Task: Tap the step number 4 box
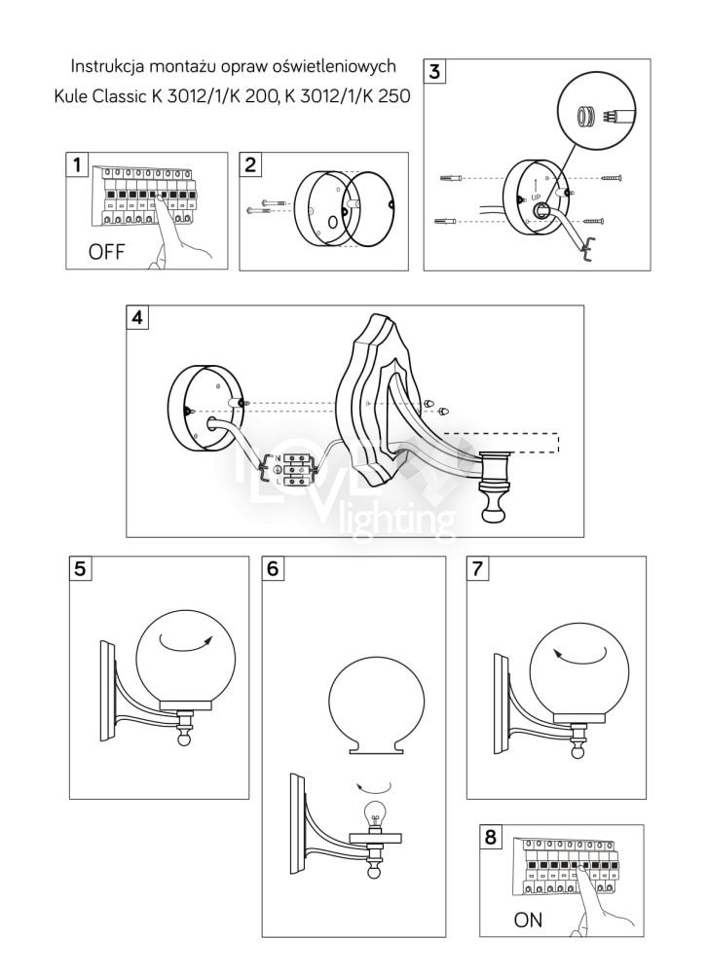pyautogui.click(x=139, y=318)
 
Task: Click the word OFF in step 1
pyautogui.click(x=107, y=253)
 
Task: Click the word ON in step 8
pyautogui.click(x=528, y=920)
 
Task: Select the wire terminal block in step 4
pyautogui.click(x=298, y=468)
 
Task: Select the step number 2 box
pyautogui.click(x=251, y=163)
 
